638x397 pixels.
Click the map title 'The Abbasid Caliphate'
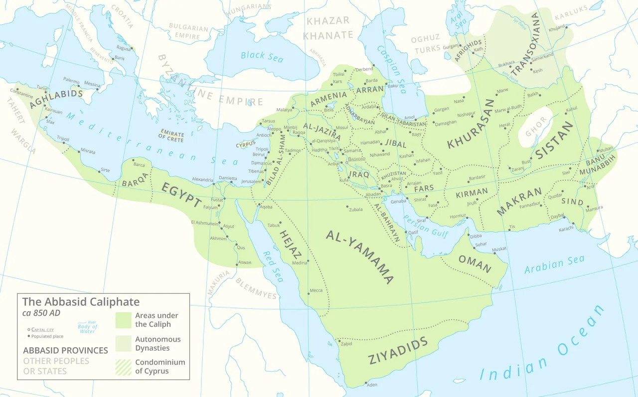(x=81, y=302)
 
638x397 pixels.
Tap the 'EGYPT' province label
(x=180, y=195)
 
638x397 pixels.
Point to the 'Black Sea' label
(x=262, y=56)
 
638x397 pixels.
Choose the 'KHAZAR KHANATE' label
(x=327, y=28)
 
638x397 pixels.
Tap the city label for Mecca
(x=316, y=290)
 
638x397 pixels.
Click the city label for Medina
(x=300, y=263)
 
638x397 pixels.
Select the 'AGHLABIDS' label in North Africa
(x=56, y=99)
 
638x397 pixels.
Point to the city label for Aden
(x=372, y=385)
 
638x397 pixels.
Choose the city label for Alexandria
(x=202, y=180)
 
